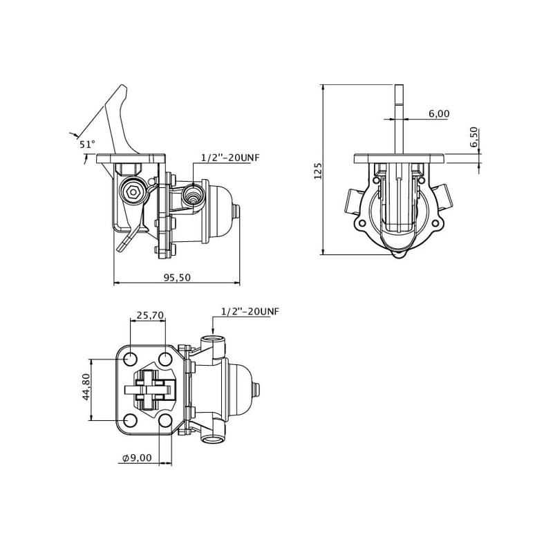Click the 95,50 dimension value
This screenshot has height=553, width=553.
pyautogui.click(x=177, y=278)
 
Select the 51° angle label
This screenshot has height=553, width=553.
pyautogui.click(x=87, y=144)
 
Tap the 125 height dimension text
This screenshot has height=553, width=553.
pyautogui.click(x=318, y=171)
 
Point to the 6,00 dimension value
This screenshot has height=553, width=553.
pyautogui.click(x=439, y=113)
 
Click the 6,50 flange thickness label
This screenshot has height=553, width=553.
pyautogui.click(x=474, y=136)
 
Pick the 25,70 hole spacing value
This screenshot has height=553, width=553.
pyautogui.click(x=151, y=315)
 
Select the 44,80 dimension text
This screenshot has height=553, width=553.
pyautogui.click(x=86, y=386)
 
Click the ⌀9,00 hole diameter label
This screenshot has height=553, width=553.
pyautogui.click(x=137, y=458)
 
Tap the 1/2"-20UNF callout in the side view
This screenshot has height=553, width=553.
pyautogui.click(x=230, y=158)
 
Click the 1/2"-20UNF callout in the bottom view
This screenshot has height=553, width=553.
pyautogui.click(x=250, y=312)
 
